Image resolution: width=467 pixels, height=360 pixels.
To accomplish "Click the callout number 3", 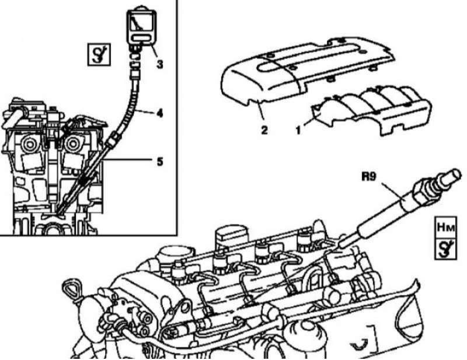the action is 160,64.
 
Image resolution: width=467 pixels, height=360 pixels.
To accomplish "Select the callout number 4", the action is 159,113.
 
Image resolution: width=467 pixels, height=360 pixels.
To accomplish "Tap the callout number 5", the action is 160,162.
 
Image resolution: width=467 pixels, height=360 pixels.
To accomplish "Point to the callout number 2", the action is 264,130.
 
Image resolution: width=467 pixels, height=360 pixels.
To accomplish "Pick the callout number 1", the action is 298,130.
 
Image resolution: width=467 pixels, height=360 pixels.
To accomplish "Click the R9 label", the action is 369,177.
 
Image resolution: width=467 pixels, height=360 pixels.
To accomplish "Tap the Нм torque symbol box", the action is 445,228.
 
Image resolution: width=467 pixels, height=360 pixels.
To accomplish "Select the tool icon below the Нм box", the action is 445,249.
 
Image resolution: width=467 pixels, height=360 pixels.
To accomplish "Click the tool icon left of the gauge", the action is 99,54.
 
